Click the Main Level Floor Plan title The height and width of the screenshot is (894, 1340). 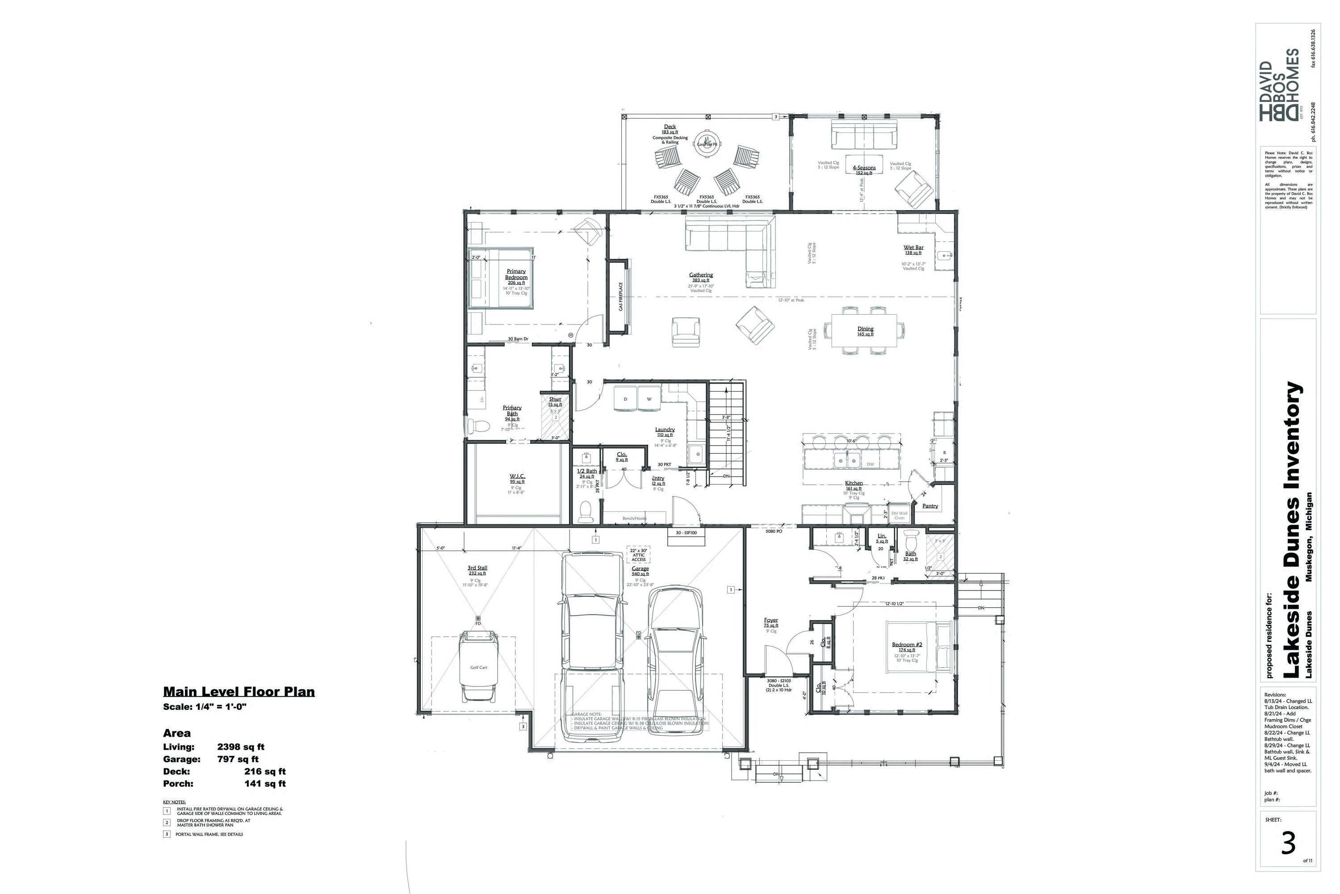point(239,692)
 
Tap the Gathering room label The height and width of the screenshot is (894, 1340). point(701,275)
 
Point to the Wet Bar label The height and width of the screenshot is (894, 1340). point(913,248)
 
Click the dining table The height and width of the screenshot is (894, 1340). point(864,330)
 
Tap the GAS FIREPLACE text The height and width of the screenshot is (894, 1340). point(620,296)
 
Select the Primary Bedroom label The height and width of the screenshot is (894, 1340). point(516,274)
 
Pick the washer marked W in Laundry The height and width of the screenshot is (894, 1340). point(649,399)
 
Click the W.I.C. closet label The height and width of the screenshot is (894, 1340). point(517,476)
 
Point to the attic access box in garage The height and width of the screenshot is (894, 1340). point(639,555)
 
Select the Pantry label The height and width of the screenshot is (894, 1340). point(930,506)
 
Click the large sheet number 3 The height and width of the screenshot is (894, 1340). point(1289,844)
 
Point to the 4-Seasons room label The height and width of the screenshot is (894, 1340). point(864,168)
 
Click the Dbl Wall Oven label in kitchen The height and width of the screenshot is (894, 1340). point(899,515)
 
